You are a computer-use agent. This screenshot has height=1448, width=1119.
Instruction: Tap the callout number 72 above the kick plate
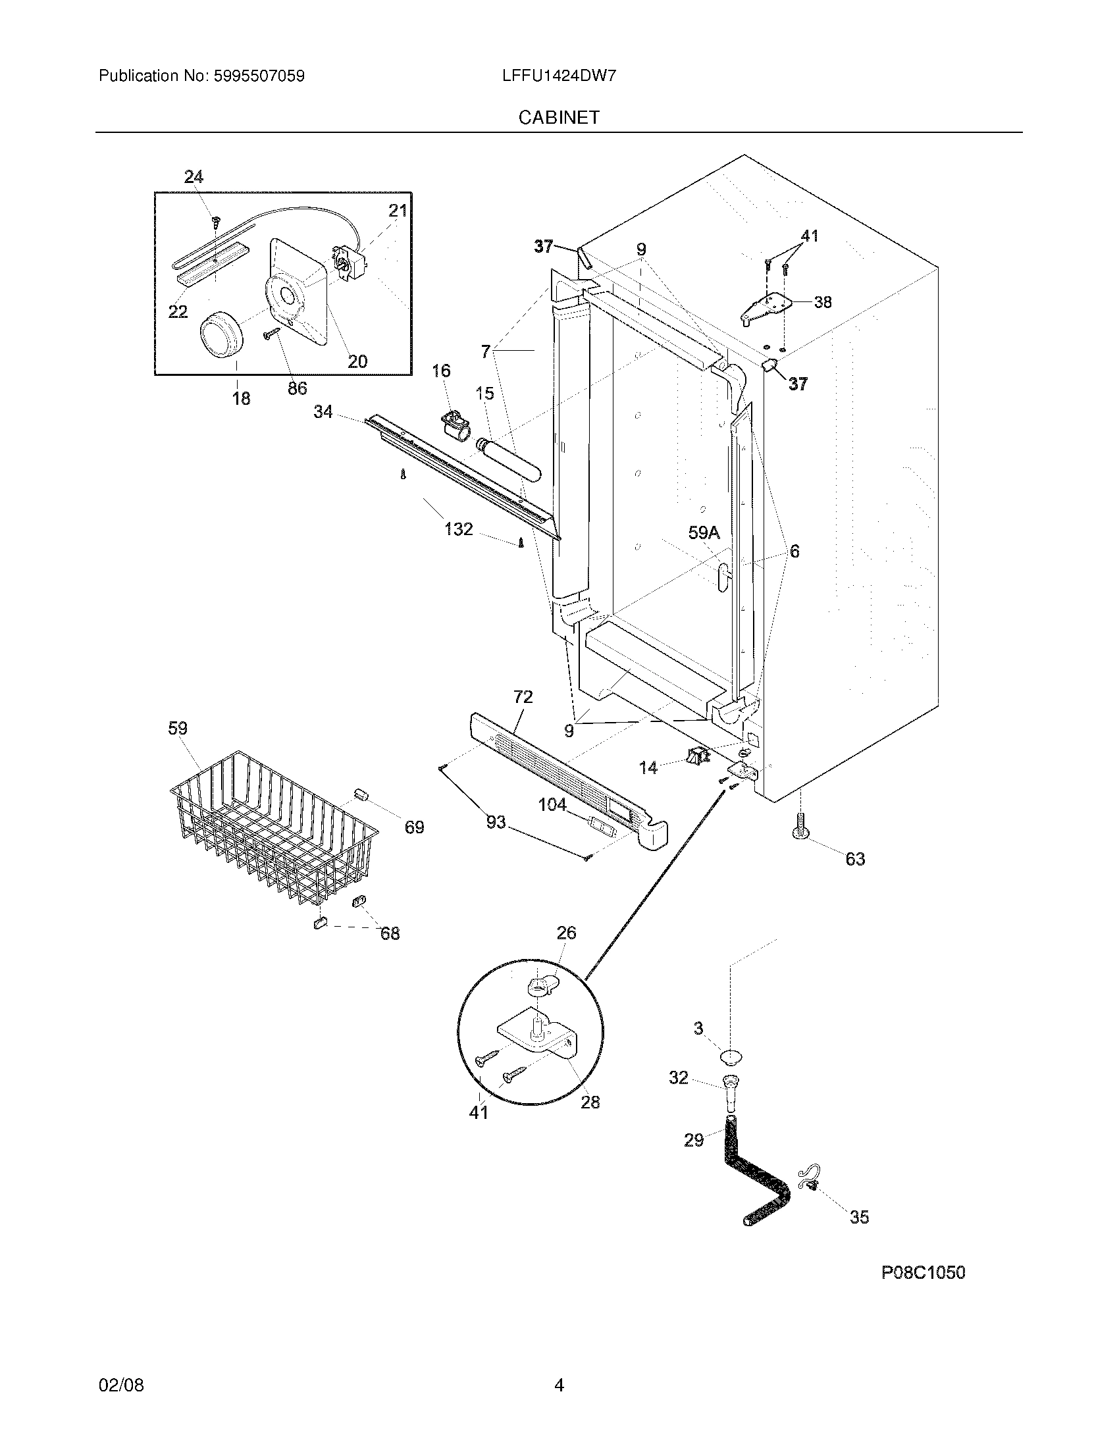523,697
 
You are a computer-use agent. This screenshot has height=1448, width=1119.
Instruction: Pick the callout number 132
459,529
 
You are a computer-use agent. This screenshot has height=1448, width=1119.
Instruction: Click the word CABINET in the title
559,117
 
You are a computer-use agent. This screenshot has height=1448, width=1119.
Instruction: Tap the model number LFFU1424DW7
559,76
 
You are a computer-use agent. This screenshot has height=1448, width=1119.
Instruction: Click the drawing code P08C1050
923,1272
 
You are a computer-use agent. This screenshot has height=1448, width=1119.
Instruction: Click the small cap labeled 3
731,1056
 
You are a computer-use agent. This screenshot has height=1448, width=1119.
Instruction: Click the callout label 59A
704,532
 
